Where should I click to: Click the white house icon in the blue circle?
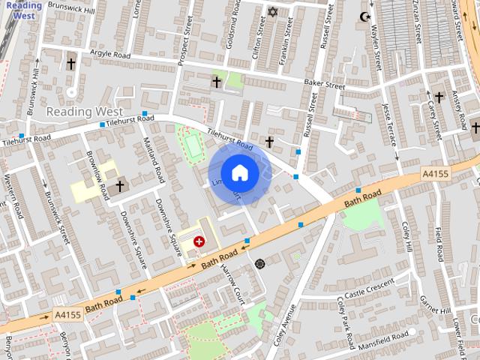(x=239, y=173)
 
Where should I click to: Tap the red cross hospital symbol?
(x=199, y=241)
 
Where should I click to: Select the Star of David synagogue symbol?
(x=272, y=12)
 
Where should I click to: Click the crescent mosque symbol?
(x=366, y=16)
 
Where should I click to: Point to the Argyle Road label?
(x=109, y=55)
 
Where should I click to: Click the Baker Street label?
(x=324, y=85)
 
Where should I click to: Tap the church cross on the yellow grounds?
(x=118, y=185)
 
